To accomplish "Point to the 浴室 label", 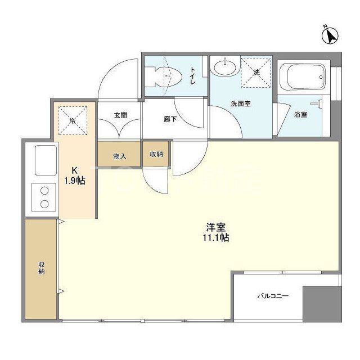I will point(300,115).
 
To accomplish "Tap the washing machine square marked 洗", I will point(256,73).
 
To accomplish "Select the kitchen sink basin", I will point(44,160).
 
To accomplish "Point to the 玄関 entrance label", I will point(120,115).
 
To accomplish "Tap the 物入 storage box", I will point(119,155).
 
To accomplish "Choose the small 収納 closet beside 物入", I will point(156,154).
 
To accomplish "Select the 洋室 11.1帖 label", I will point(217,232).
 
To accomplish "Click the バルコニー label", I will point(273,295).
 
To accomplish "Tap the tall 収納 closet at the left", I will point(40,269).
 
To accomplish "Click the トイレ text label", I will point(192,75).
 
